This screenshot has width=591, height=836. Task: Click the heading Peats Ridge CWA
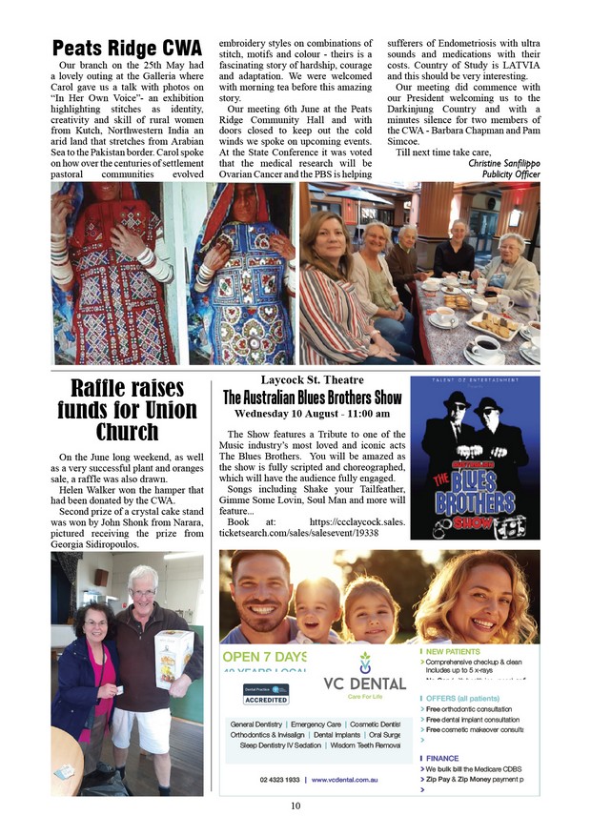pyautogui.click(x=127, y=48)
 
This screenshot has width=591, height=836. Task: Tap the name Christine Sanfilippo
pyautogui.click(x=504, y=163)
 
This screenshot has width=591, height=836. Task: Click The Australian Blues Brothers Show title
pyautogui.click(x=312, y=397)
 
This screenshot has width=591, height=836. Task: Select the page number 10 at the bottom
pyautogui.click(x=296, y=806)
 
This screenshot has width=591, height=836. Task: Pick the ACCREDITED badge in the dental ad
pyautogui.click(x=266, y=699)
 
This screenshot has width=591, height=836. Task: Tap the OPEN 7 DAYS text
pyautogui.click(x=264, y=657)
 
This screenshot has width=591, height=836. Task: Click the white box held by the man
pyautogui.click(x=173, y=659)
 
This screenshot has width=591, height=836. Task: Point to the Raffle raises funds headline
pyautogui.click(x=127, y=410)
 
